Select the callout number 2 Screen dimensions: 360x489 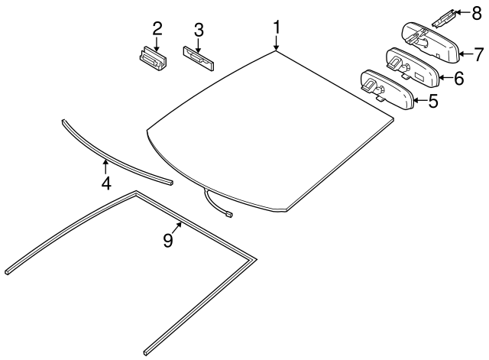click(x=157, y=29)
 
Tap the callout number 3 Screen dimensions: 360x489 click(x=198, y=30)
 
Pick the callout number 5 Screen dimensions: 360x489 click(x=432, y=100)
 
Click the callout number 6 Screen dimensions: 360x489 click(x=458, y=77)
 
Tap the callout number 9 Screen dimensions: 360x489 click(x=167, y=241)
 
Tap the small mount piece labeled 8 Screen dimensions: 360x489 click(x=446, y=15)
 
